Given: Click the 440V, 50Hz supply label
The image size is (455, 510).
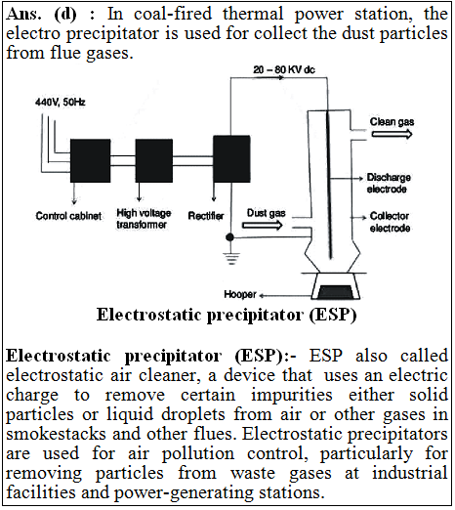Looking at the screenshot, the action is (61, 103).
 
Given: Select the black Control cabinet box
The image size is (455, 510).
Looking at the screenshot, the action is (90, 160).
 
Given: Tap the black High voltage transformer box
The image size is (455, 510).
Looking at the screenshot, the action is (154, 160).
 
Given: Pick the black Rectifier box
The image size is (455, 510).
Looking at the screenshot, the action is (231, 158).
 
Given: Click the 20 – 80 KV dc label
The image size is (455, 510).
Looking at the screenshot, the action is (284, 69).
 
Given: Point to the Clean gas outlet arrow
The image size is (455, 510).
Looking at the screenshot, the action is (392, 134).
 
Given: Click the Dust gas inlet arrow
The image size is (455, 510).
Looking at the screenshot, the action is (263, 225).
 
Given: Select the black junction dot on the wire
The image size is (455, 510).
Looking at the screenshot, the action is (230, 236).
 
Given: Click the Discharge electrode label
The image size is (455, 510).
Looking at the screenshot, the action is (389, 183).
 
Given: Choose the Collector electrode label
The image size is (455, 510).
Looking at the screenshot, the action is (390, 222).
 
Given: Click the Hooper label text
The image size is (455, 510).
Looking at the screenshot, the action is (240, 294).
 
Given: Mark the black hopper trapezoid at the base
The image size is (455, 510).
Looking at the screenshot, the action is (335, 292).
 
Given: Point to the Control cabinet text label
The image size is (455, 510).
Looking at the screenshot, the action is (68, 216).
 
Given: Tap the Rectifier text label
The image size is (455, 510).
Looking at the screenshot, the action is (206, 216).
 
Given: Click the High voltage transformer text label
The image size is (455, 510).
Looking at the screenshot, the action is (144, 219).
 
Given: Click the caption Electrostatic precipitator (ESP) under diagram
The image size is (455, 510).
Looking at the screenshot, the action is (227, 316).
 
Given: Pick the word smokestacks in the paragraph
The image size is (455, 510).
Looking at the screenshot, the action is (56, 434).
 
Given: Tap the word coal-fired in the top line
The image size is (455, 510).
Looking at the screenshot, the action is (173, 14).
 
